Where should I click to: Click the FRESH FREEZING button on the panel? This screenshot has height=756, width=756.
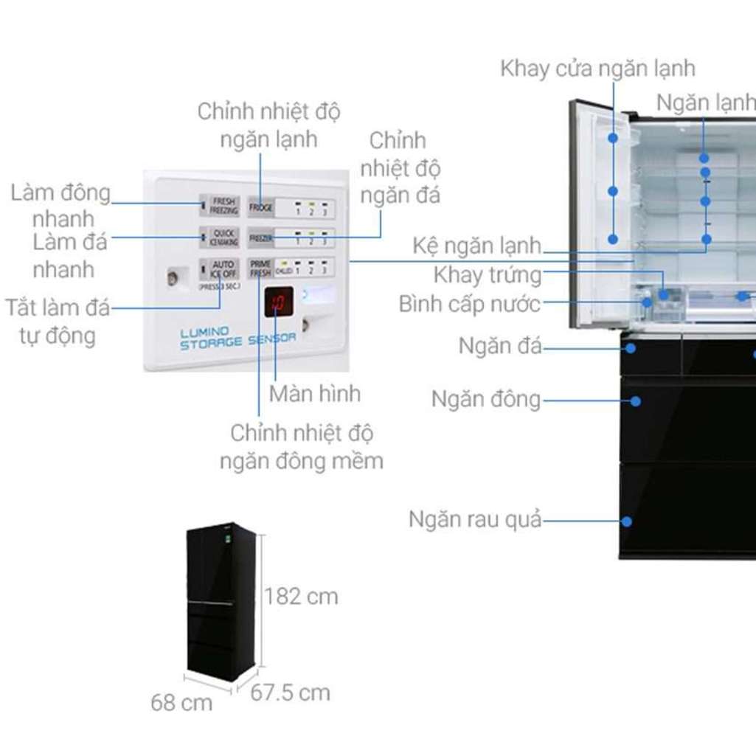point(223,206)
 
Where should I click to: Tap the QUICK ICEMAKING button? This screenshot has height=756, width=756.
point(223,237)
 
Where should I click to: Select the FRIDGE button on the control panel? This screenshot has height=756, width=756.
point(260,208)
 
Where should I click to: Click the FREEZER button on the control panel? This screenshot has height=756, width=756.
point(260,238)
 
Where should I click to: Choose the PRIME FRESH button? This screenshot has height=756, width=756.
point(260,268)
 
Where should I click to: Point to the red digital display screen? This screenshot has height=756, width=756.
point(279,302)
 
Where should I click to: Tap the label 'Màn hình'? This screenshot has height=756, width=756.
point(314,393)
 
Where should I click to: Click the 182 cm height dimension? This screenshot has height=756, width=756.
point(301,596)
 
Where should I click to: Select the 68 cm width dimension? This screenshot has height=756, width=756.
point(181,703)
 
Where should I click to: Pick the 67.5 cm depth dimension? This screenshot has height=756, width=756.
point(290,693)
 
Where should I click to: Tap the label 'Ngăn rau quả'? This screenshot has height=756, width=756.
point(475,520)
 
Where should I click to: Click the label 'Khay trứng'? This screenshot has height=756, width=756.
point(487,276)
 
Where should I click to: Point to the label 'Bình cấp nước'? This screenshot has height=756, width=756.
point(470,303)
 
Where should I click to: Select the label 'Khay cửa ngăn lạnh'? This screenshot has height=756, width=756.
point(597,69)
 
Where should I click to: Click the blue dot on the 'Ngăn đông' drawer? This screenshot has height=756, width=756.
point(634,400)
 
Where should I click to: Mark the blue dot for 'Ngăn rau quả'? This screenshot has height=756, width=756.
point(627,521)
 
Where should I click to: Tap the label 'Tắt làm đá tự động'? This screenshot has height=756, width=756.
point(57,321)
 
